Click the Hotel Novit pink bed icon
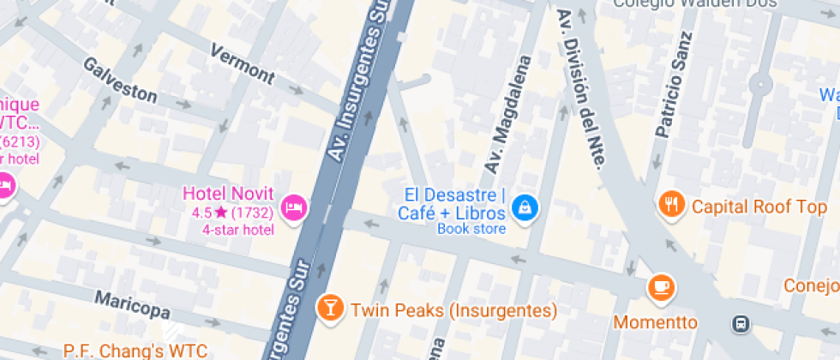pyautogui.click(x=294, y=207)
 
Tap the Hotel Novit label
pyautogui.click(x=229, y=194)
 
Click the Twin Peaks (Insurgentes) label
pyautogui.click(x=454, y=309)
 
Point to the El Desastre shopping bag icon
pyautogui.click(x=523, y=207)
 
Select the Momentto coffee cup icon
pyautogui.click(x=661, y=285)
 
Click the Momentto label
pyautogui.click(x=655, y=322)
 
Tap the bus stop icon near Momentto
pyautogui.click(x=740, y=323)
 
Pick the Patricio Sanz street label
pyautogui.click(x=673, y=86)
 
